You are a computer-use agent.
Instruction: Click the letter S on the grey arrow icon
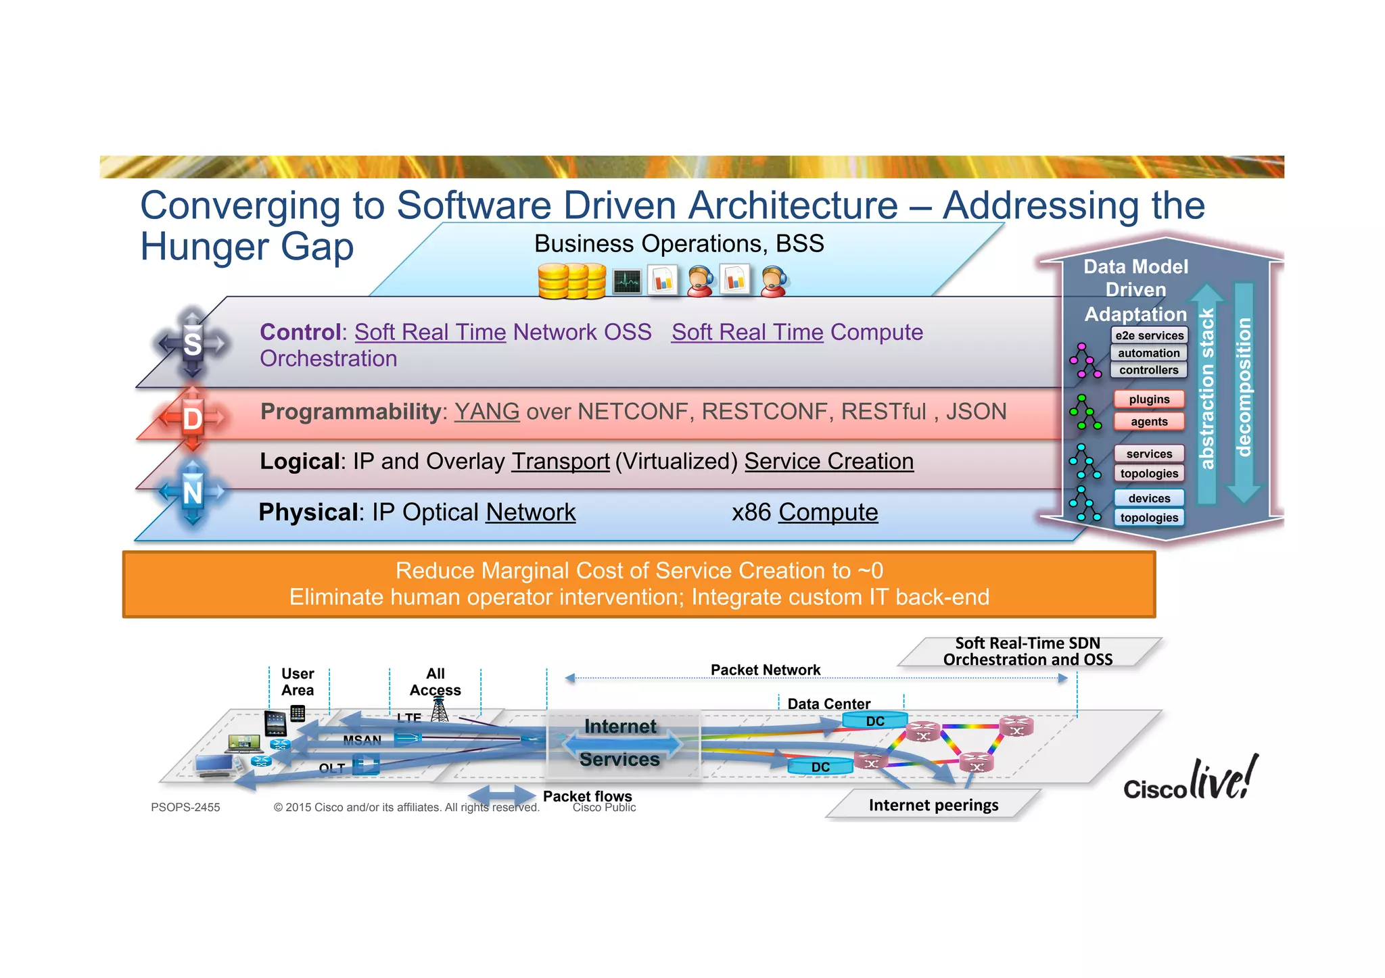tap(193, 344)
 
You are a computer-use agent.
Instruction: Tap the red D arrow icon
tap(193, 418)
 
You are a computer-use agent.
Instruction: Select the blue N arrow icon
tap(193, 492)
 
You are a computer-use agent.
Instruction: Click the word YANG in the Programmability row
tap(487, 412)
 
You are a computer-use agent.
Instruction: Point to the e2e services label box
tap(1149, 335)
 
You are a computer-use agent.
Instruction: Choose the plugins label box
tap(1149, 399)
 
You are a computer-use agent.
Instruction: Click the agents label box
tap(1149, 422)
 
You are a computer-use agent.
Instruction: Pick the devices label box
tap(1149, 498)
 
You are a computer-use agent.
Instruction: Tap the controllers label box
tap(1148, 370)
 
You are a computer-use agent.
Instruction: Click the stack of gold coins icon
tap(571, 281)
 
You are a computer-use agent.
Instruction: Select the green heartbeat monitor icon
tap(627, 281)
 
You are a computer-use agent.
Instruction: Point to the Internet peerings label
tap(933, 805)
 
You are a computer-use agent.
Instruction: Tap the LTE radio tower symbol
tap(440, 709)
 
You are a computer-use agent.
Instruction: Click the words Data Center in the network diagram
tap(828, 704)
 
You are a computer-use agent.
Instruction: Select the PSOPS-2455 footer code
tap(185, 807)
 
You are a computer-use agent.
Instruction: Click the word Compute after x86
tap(828, 512)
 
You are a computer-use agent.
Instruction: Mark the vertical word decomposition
tap(1243, 387)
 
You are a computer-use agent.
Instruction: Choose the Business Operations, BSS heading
tap(679, 243)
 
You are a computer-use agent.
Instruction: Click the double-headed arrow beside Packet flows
tap(502, 796)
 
